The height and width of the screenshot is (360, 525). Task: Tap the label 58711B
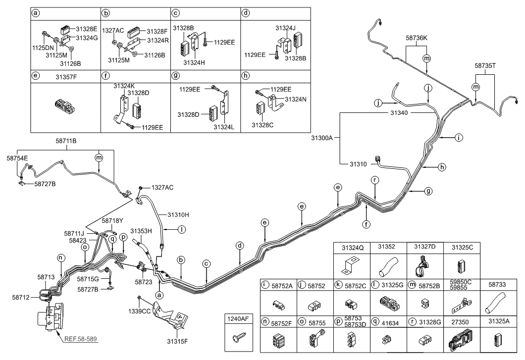pyautogui.click(x=65, y=141)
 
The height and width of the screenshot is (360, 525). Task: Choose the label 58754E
pyautogui.click(x=17, y=158)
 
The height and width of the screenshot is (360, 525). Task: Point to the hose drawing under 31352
pyautogui.click(x=384, y=268)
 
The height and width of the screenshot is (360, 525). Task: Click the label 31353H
pyautogui.click(x=140, y=231)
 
